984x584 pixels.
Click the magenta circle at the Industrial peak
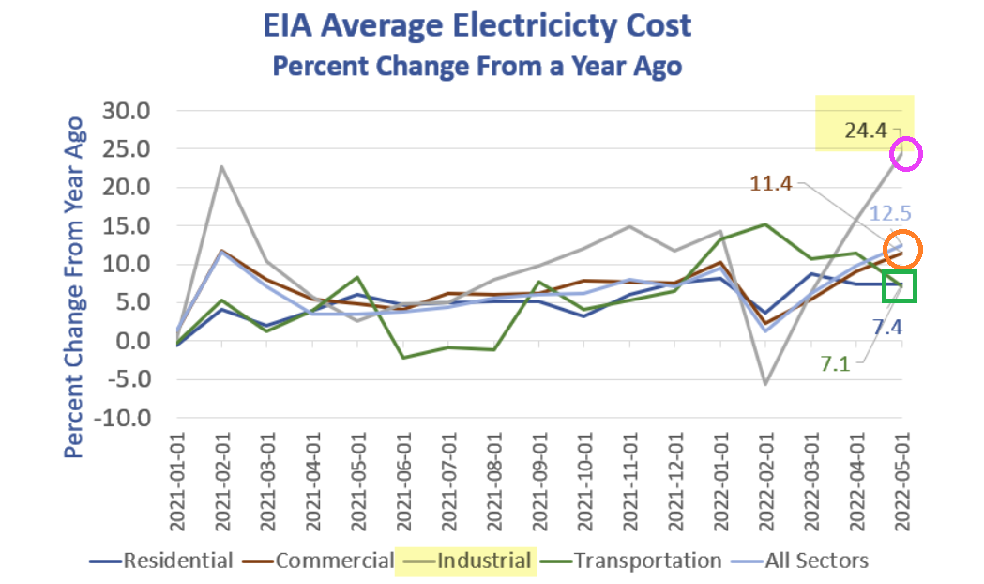(x=906, y=154)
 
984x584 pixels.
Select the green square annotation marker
(x=900, y=285)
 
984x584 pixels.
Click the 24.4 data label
(x=865, y=131)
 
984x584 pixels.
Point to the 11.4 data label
(x=771, y=183)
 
